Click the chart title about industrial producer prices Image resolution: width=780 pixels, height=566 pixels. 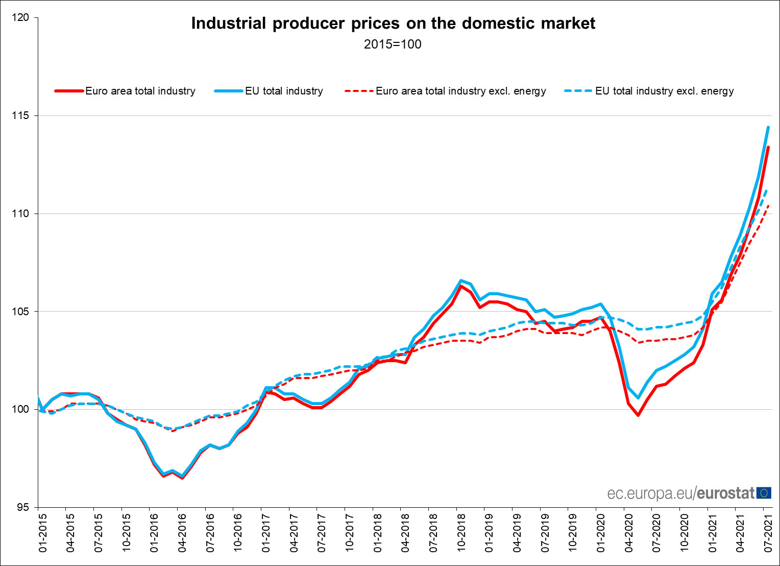coord(393,23)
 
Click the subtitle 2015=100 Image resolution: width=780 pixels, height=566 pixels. coord(393,44)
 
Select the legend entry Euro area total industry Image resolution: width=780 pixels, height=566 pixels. coord(140,91)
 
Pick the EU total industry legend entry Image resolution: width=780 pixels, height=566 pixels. coord(284,91)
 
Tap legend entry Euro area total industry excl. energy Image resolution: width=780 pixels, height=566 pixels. coord(460,91)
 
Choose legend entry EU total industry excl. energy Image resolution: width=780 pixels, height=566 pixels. coord(664,91)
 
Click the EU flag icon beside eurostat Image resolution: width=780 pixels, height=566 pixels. coord(764,493)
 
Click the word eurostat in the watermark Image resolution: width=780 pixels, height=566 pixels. coord(725,493)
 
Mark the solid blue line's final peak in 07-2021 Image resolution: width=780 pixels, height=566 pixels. coord(768,127)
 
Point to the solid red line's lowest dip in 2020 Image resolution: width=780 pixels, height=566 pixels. coord(638,415)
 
